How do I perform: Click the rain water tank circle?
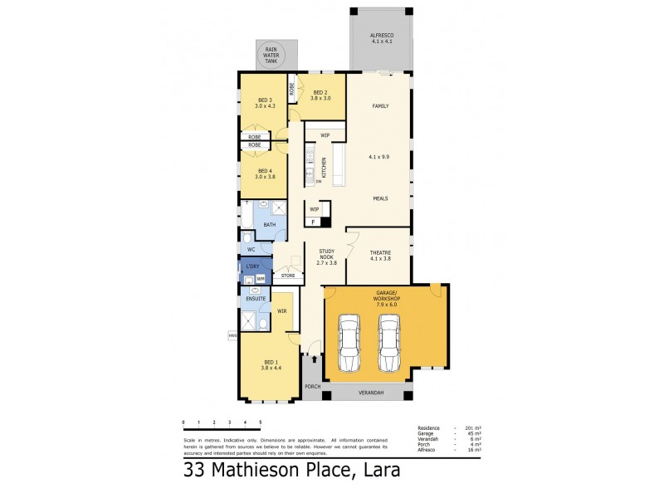(x=271, y=56)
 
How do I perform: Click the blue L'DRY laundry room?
(x=251, y=266)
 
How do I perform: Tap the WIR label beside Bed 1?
(x=281, y=311)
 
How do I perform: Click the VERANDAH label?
(x=369, y=392)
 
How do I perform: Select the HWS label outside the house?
(x=232, y=335)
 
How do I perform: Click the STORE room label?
(x=288, y=275)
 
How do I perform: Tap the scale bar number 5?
(x=261, y=422)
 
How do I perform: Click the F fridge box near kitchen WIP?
(x=314, y=222)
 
